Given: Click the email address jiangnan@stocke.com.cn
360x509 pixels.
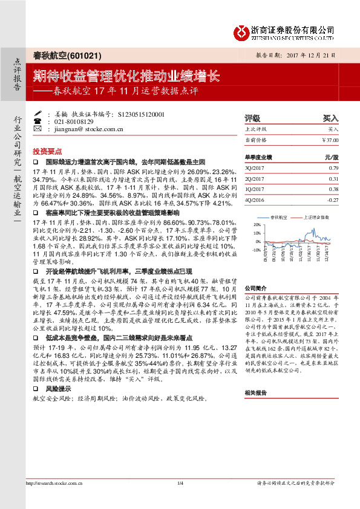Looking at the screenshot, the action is click(x=89, y=128).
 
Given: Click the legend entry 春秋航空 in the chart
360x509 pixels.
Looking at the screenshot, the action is click(x=280, y=215).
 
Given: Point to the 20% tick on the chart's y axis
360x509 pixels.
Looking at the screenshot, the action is click(x=257, y=225).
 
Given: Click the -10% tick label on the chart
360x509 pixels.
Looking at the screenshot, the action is click(x=257, y=249).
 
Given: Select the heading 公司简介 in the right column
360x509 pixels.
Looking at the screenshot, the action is click(x=255, y=289).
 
